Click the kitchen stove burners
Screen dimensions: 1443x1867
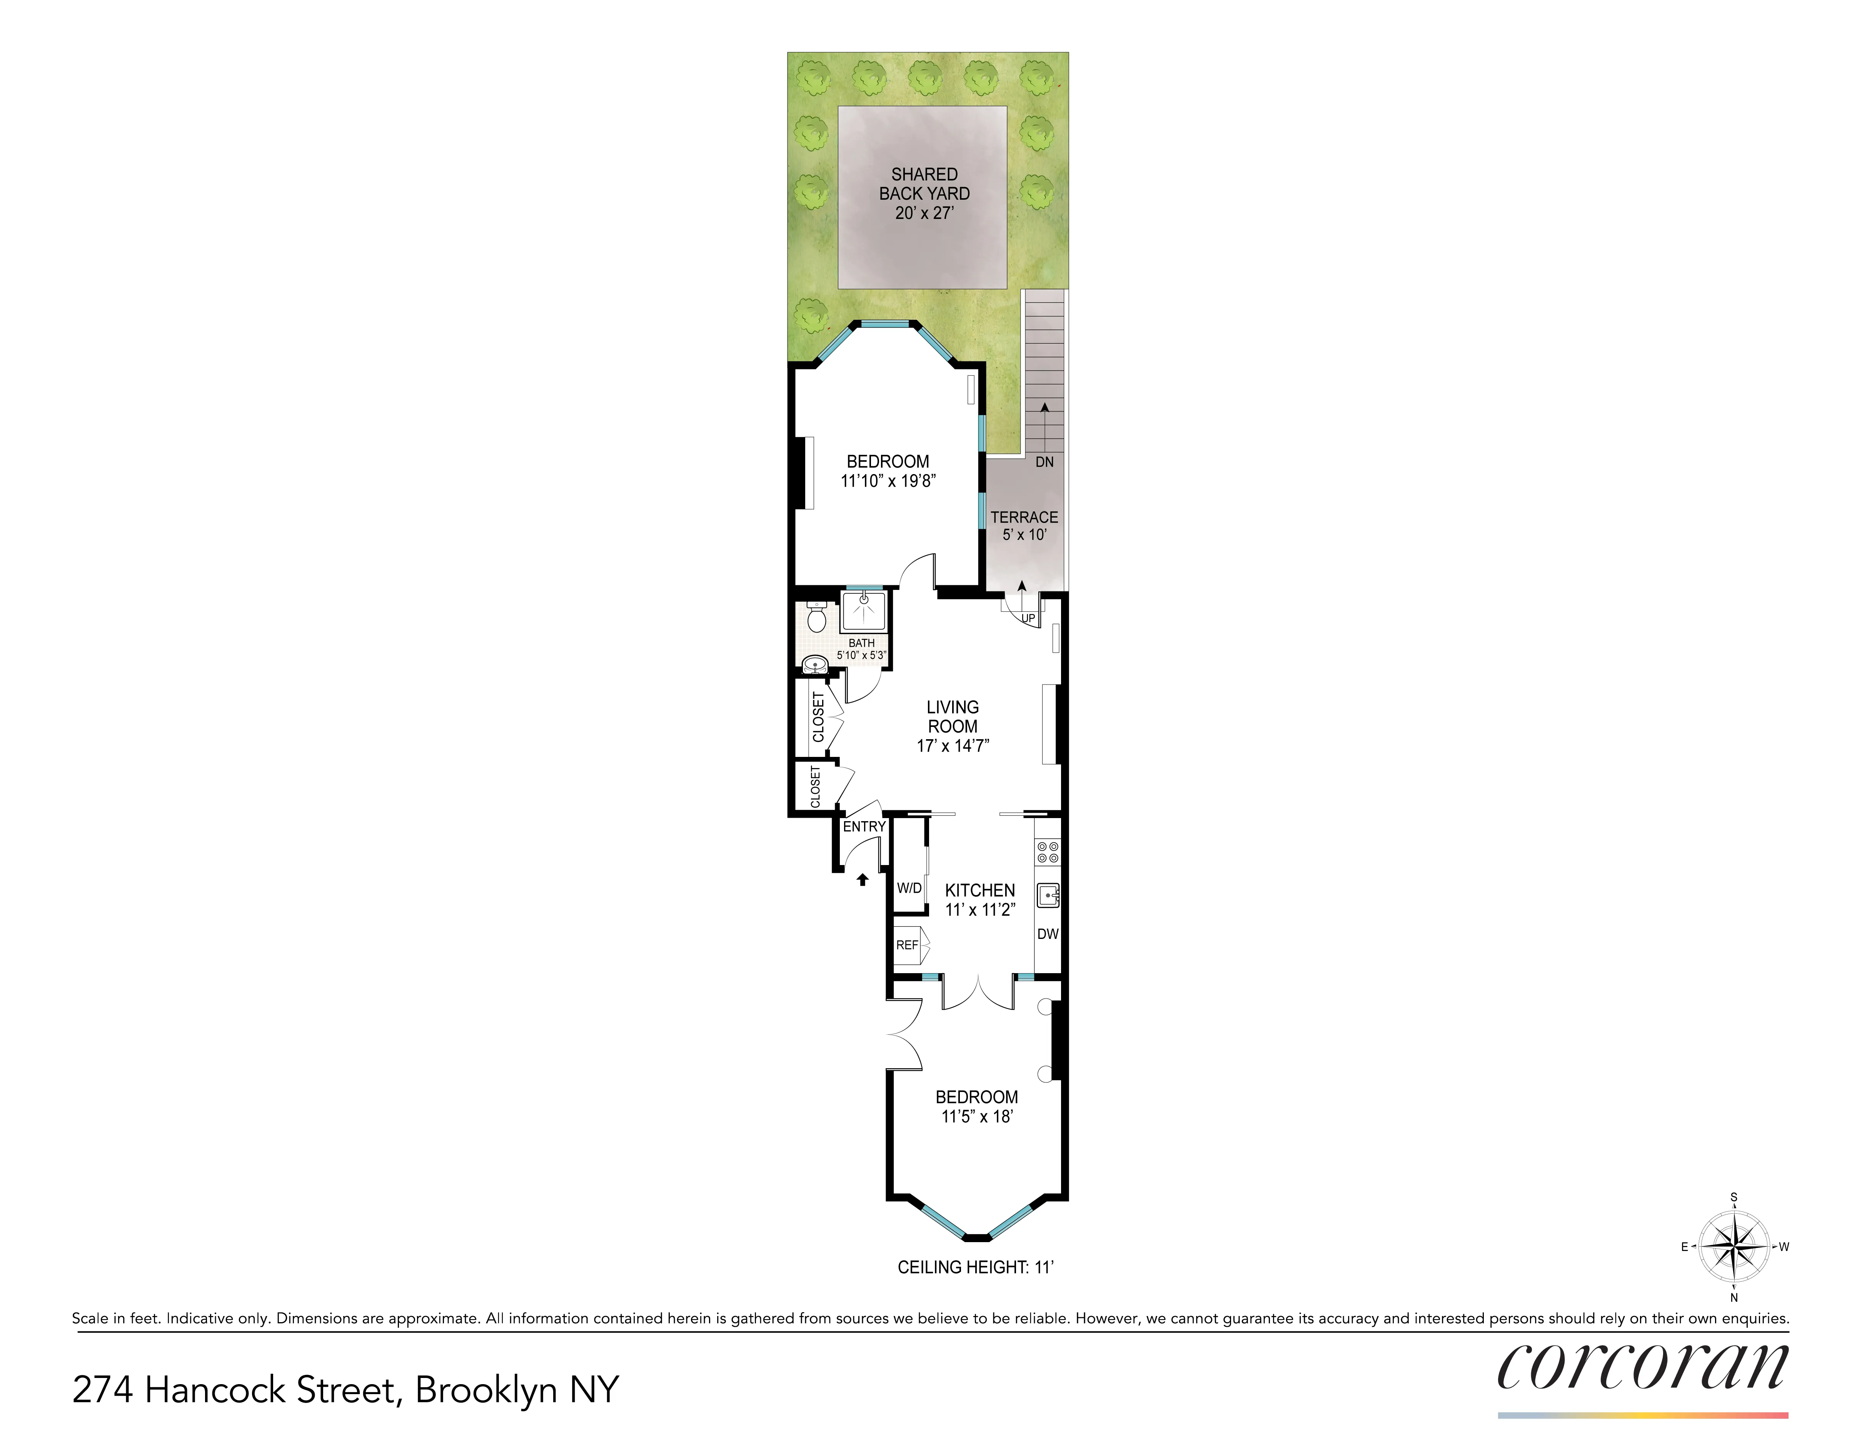(x=1047, y=852)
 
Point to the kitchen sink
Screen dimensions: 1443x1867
(x=1047, y=895)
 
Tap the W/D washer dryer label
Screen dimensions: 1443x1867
(x=909, y=888)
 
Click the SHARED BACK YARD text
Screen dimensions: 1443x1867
(x=924, y=184)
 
